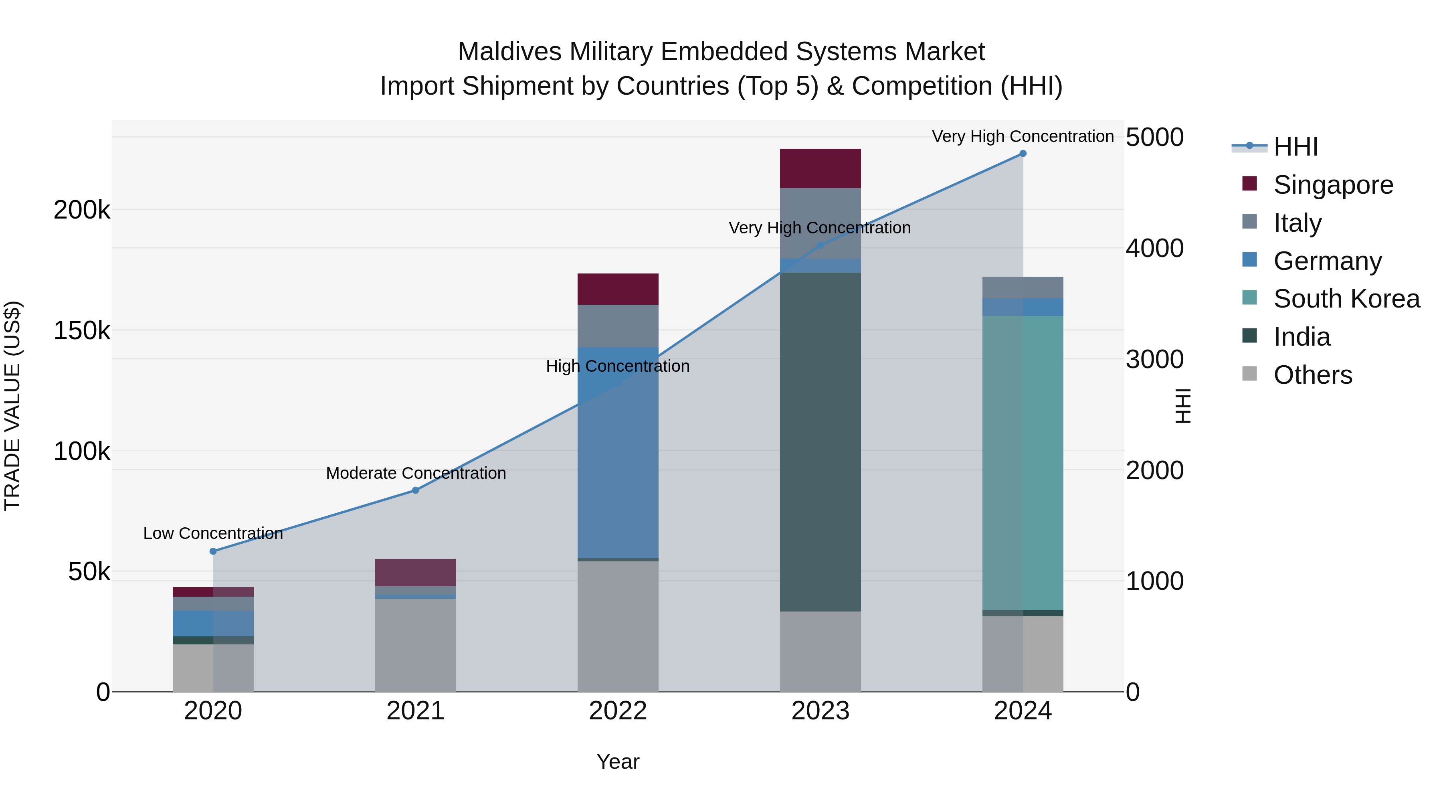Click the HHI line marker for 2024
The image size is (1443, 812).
[x=1023, y=154]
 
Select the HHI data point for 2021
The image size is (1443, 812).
[x=416, y=490]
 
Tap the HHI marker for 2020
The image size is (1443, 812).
[x=213, y=551]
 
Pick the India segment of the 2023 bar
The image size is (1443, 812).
[x=820, y=443]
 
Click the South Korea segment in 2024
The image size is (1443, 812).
[x=1023, y=463]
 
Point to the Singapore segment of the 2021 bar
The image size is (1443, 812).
[x=416, y=573]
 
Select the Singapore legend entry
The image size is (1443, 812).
[x=1333, y=185]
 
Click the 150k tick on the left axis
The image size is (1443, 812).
[x=82, y=331]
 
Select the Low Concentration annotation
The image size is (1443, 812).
[x=213, y=533]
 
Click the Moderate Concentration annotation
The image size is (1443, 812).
[x=416, y=474]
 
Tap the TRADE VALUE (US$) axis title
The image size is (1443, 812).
[x=12, y=406]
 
